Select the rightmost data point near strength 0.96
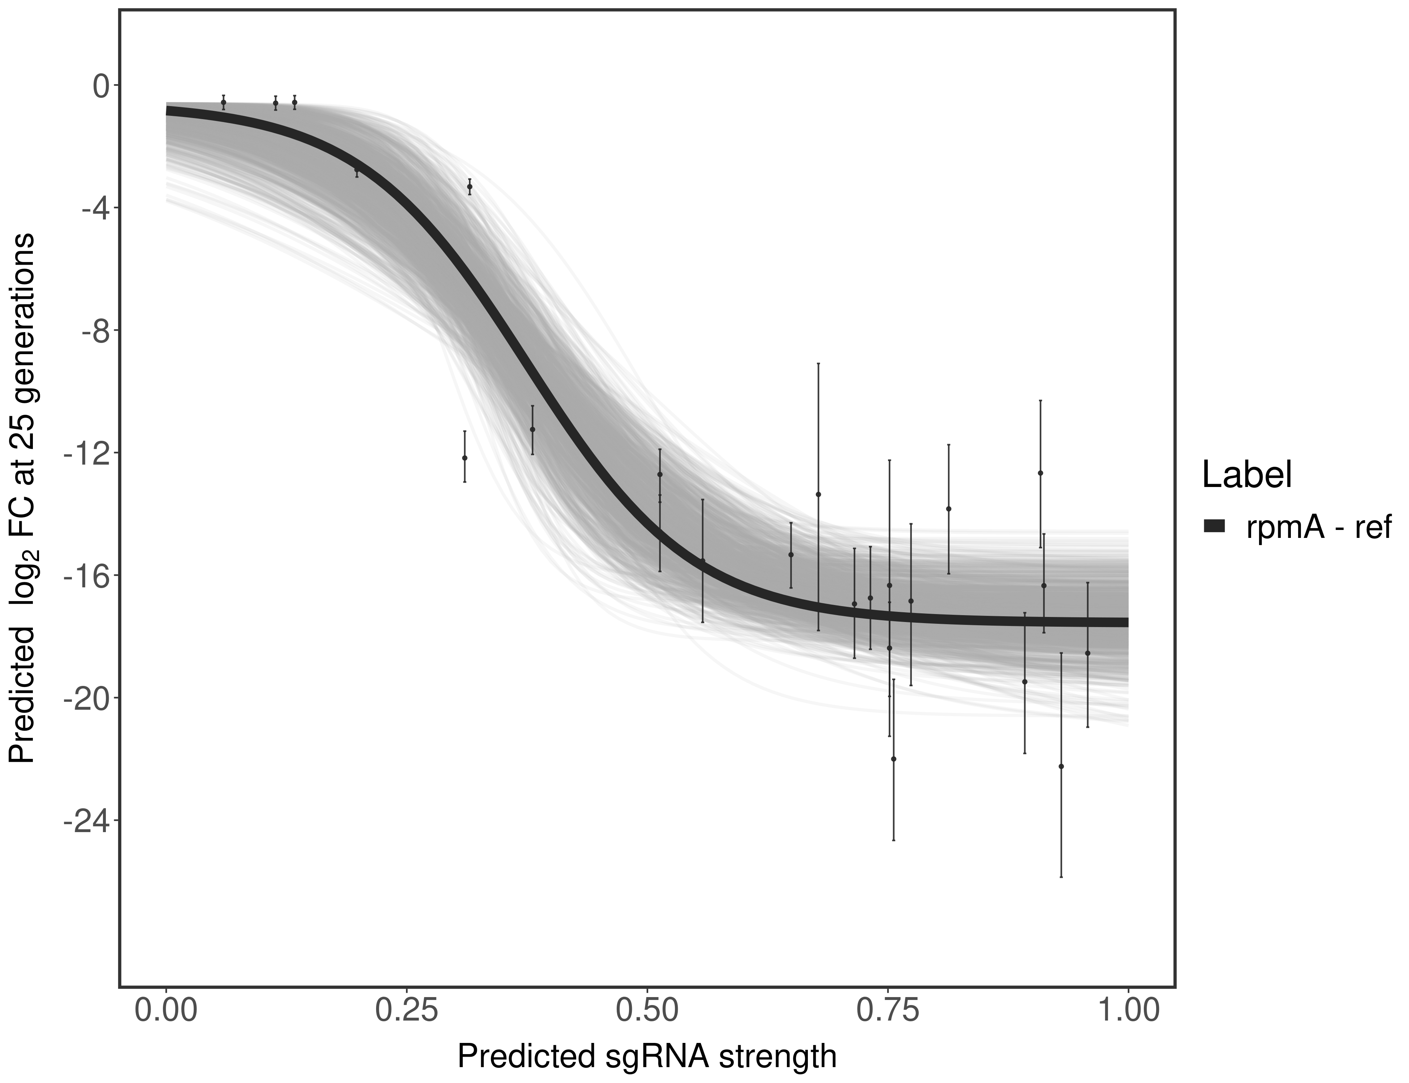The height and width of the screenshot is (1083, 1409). tap(1088, 653)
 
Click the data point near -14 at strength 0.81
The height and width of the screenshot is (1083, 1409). tap(948, 509)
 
